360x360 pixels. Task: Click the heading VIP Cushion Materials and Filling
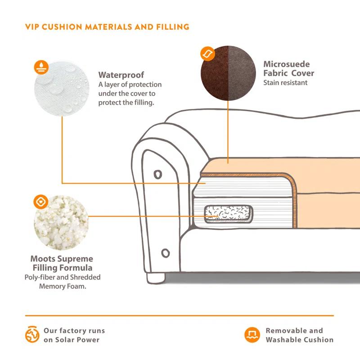[x=107, y=27]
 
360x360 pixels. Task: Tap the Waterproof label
[x=121, y=75]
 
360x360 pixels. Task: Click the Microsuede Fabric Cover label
[x=288, y=69]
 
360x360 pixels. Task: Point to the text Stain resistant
[x=285, y=82]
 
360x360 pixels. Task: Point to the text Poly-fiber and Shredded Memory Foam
[x=62, y=282]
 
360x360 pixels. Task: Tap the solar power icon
[x=32, y=335]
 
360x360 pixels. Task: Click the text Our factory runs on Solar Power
[x=74, y=335]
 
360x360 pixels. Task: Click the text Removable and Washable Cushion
[x=299, y=335]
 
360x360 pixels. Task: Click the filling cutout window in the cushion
[x=228, y=214]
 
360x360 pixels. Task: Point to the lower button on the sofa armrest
[x=165, y=253]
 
